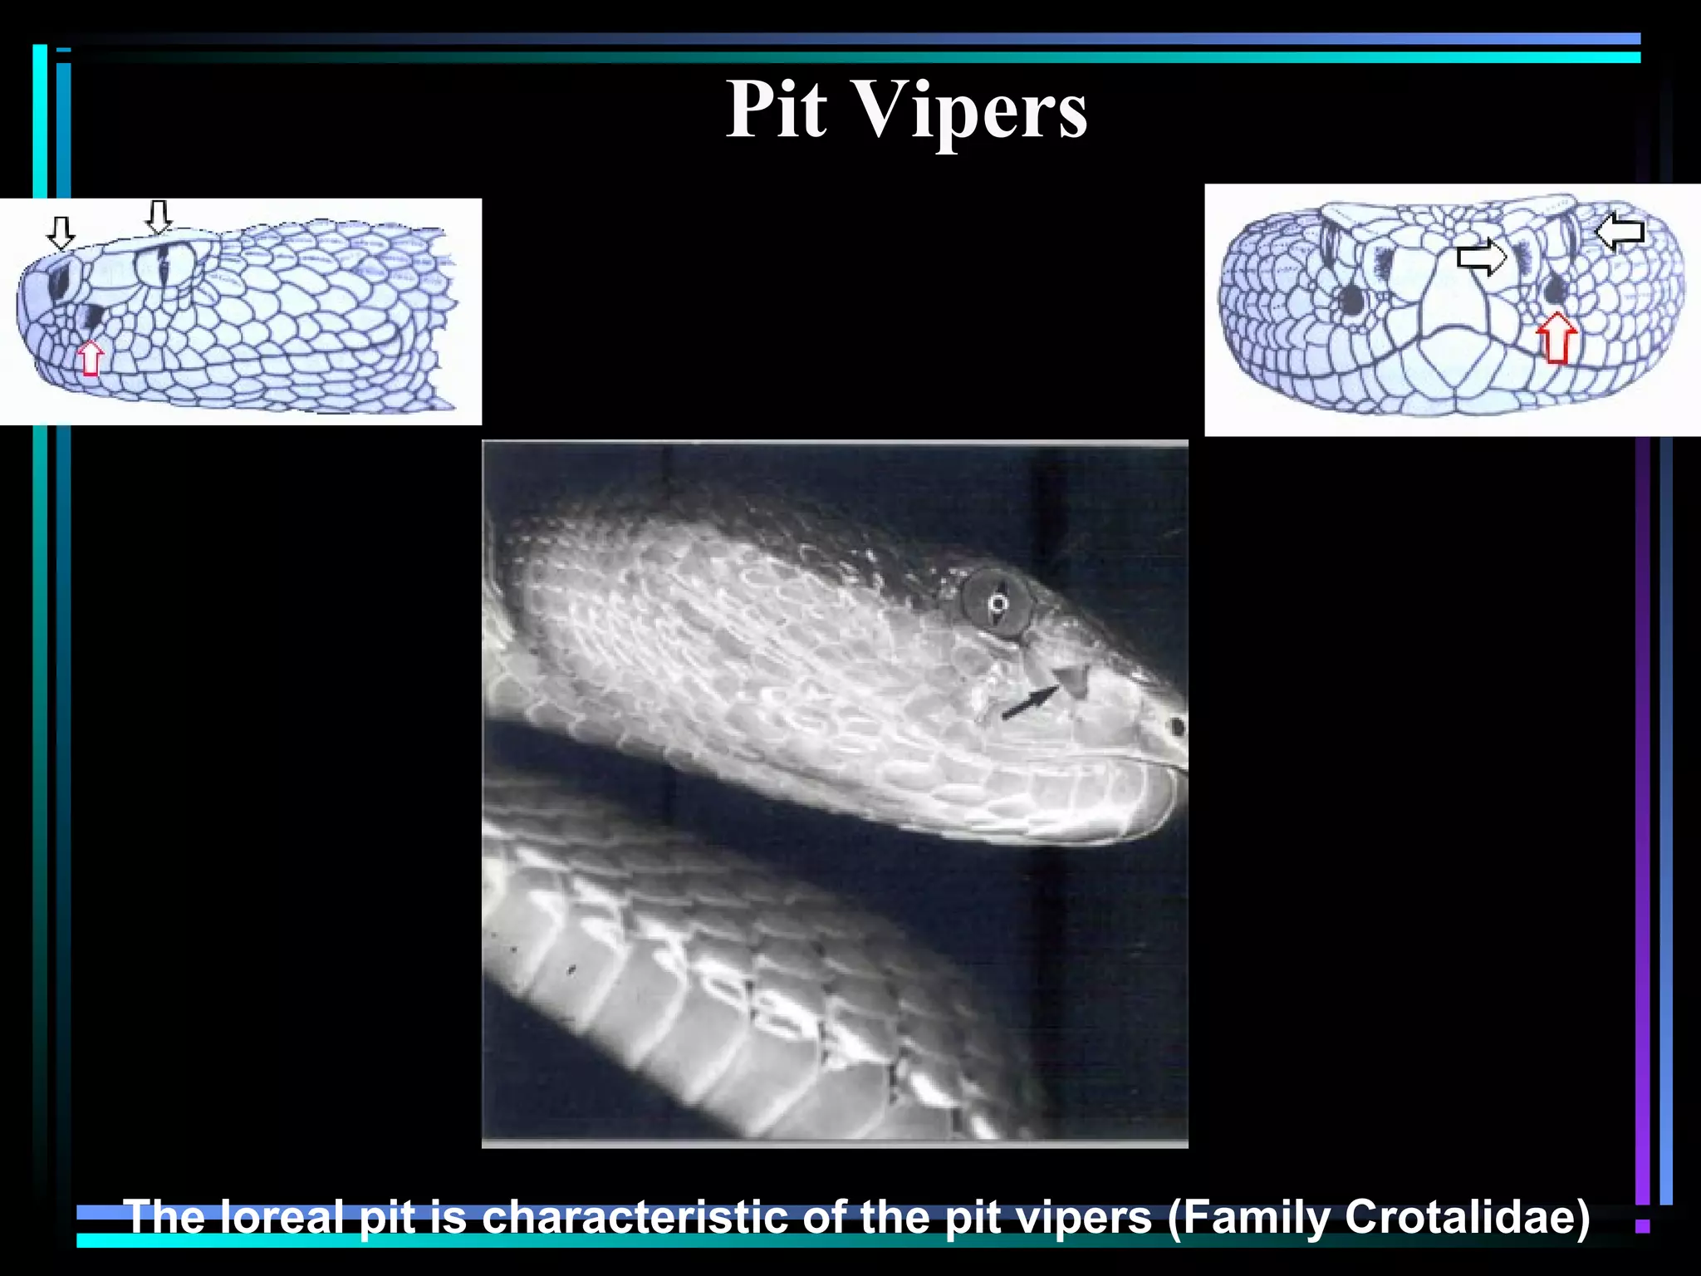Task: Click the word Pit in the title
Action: click(777, 110)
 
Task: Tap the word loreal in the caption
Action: click(282, 1217)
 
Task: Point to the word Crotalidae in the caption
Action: click(1467, 1217)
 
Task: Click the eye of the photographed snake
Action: click(998, 602)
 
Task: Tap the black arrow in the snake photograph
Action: click(1031, 703)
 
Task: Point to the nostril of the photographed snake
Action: click(1176, 728)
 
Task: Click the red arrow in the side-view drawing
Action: click(91, 358)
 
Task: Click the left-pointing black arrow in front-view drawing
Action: click(1620, 231)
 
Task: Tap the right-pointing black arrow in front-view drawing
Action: click(1482, 257)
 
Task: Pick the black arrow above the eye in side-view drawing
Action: click(158, 217)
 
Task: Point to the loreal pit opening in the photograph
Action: click(1074, 680)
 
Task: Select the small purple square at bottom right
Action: click(1642, 1225)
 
